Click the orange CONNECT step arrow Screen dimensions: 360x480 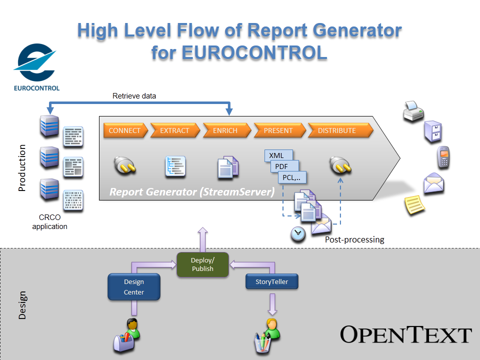[125, 130]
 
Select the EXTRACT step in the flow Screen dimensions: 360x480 [174, 130]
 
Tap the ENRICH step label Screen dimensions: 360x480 [225, 130]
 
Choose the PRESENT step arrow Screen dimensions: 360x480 [278, 130]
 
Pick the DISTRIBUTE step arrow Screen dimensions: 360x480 [337, 130]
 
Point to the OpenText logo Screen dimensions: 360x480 [406, 334]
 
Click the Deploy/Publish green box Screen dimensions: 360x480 [202, 264]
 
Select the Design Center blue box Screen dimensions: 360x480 [134, 287]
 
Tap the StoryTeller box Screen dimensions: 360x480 [272, 281]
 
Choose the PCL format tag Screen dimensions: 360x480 [291, 177]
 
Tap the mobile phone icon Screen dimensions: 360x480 [442, 157]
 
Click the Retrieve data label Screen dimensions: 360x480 [134, 96]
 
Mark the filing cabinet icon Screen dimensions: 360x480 [433, 132]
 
